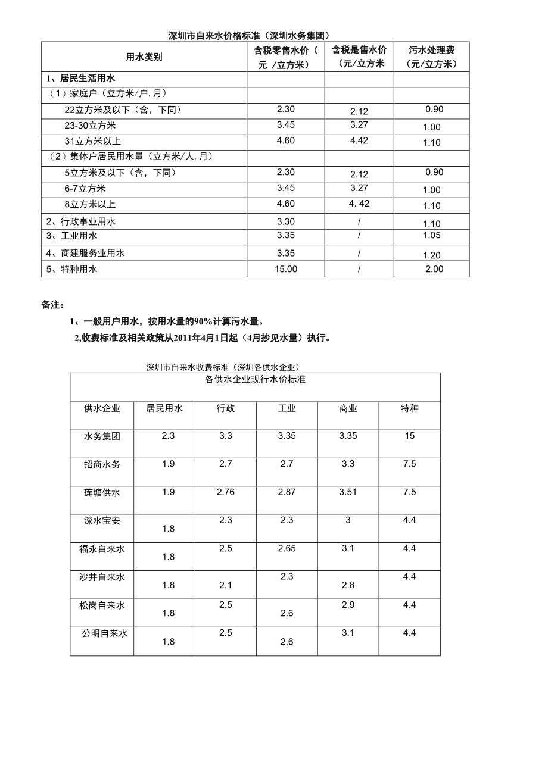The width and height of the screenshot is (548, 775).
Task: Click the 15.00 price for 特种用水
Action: tap(285, 269)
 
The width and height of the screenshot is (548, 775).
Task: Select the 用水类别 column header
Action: tap(144, 57)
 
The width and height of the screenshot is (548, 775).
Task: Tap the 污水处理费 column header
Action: tap(432, 57)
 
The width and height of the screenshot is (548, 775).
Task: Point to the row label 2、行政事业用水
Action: tap(81, 221)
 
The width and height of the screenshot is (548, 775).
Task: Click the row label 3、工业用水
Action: tap(71, 236)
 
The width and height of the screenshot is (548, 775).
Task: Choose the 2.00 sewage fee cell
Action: tap(434, 269)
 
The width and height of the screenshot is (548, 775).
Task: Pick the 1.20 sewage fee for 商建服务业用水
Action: tap(431, 255)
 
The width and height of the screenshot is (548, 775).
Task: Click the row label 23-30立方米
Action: tap(90, 126)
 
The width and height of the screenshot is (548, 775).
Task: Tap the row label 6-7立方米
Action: tap(85, 189)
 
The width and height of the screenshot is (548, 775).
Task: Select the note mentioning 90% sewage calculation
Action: tap(166, 321)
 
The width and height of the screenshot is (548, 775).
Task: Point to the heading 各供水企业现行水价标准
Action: tap(255, 379)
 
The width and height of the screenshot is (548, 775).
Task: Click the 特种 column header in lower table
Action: tap(409, 408)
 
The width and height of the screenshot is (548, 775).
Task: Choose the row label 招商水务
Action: tap(102, 464)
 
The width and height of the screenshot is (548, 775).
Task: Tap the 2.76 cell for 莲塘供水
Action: tap(225, 492)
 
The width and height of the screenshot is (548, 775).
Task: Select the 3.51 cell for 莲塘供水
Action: tap(348, 492)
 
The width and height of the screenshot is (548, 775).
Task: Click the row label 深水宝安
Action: tap(102, 520)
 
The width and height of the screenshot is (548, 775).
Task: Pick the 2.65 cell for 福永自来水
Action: tap(287, 548)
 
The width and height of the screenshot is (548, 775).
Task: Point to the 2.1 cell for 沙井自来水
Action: tap(225, 585)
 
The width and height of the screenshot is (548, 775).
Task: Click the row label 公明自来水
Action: tap(104, 633)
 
